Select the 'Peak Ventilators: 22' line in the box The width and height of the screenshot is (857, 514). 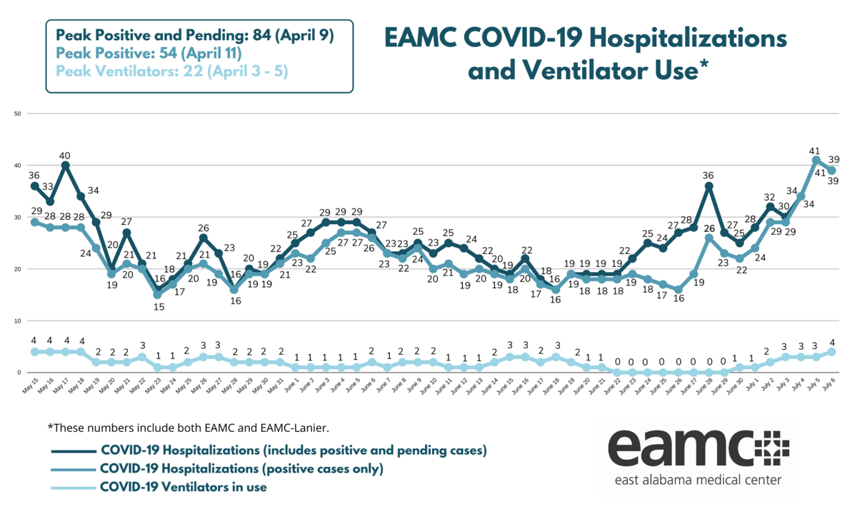(171, 71)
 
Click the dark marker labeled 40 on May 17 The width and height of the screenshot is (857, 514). (66, 165)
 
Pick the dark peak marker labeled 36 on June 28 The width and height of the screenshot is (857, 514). (708, 186)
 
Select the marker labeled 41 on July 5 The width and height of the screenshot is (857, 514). (816, 160)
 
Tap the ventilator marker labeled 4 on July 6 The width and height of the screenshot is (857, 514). (832, 351)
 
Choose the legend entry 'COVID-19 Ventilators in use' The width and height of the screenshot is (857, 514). (184, 487)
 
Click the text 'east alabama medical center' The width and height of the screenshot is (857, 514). (697, 480)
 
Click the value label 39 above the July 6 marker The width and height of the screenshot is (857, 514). (832, 158)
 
